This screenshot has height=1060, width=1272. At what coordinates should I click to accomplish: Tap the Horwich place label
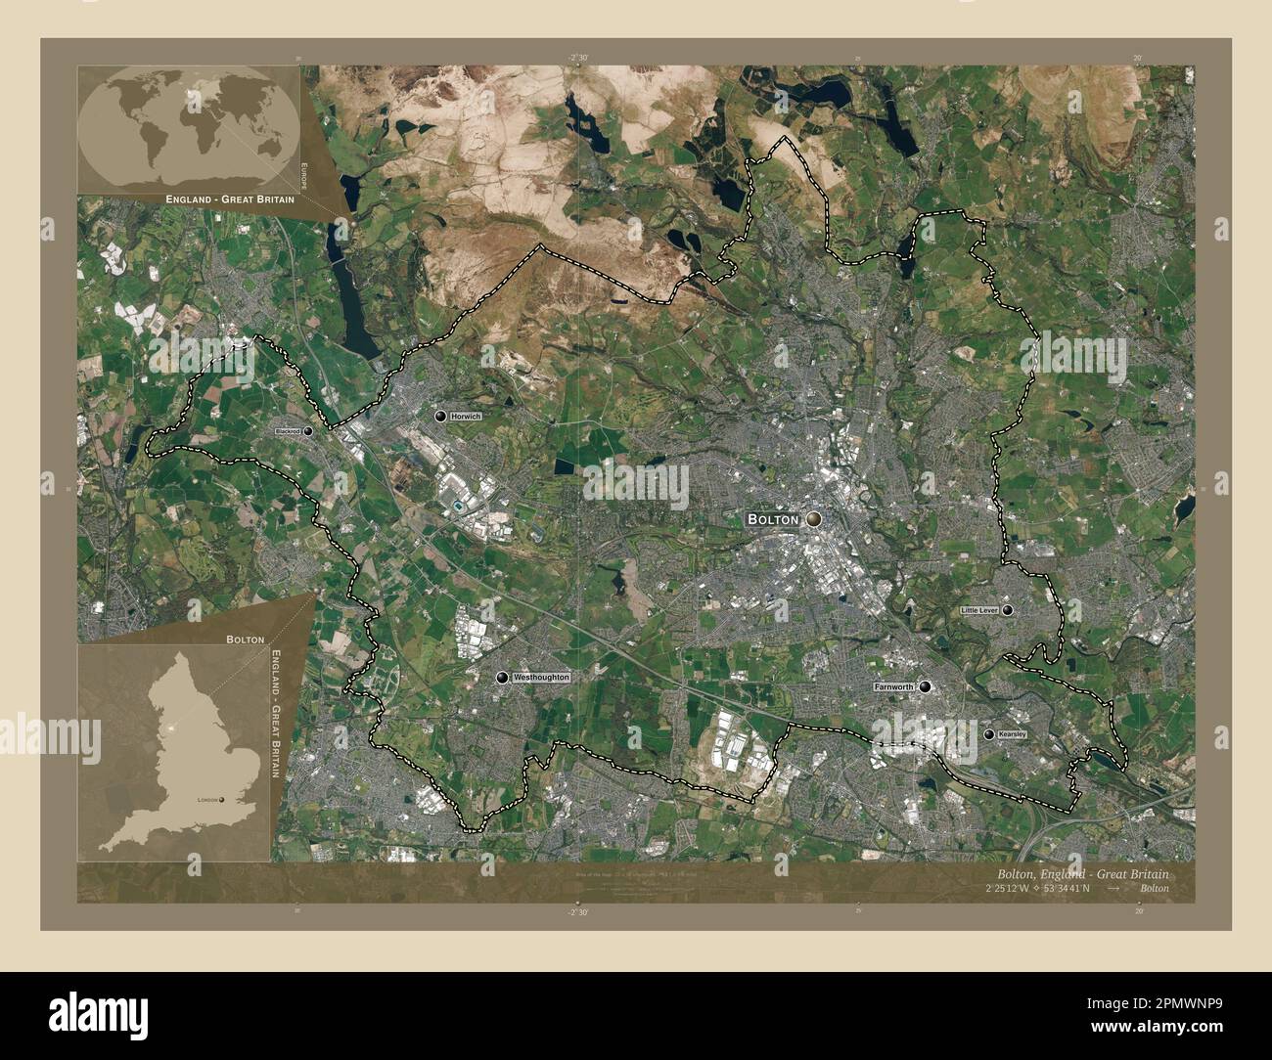(467, 417)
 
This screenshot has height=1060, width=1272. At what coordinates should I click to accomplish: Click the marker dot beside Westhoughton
(502, 677)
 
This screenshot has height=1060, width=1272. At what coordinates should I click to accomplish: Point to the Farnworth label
(893, 687)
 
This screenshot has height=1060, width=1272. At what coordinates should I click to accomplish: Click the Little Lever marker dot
(1008, 610)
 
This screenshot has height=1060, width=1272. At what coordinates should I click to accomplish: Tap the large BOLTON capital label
(773, 519)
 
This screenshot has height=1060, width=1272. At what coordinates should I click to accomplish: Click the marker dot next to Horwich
(440, 417)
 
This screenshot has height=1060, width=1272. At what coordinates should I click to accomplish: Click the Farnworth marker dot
(925, 687)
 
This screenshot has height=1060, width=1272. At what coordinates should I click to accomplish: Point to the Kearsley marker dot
(989, 733)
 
